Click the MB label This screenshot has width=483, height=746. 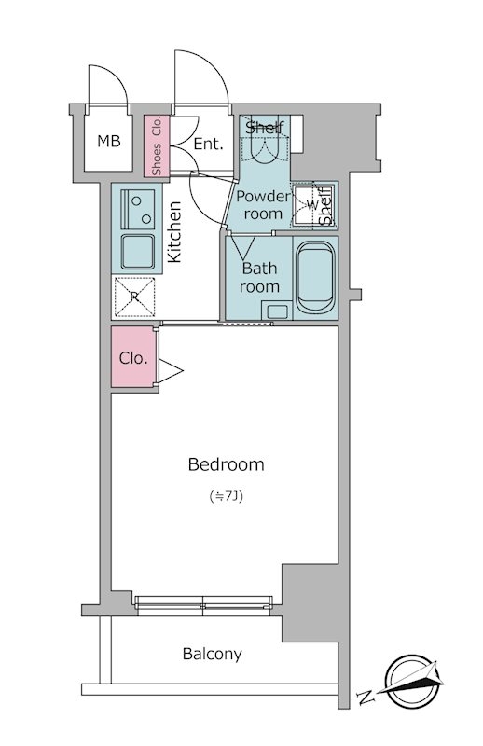[x=109, y=141]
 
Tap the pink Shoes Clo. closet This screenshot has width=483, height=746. [x=157, y=145]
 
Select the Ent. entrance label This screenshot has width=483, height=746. [x=209, y=144]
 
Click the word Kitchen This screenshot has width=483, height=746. [x=174, y=231]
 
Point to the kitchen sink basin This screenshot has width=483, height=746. [x=137, y=252]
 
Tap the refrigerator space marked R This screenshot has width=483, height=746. [x=135, y=297]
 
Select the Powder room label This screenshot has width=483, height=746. [x=263, y=205]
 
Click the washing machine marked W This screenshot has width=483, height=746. [x=311, y=205]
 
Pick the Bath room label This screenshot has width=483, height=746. [x=259, y=277]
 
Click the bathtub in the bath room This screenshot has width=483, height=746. [x=315, y=277]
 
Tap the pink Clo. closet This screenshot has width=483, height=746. [x=133, y=357]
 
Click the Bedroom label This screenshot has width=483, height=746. [x=226, y=463]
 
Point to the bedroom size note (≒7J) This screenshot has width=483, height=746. [x=227, y=496]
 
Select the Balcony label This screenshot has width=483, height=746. [x=213, y=655]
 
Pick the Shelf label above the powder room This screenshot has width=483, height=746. [x=265, y=127]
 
